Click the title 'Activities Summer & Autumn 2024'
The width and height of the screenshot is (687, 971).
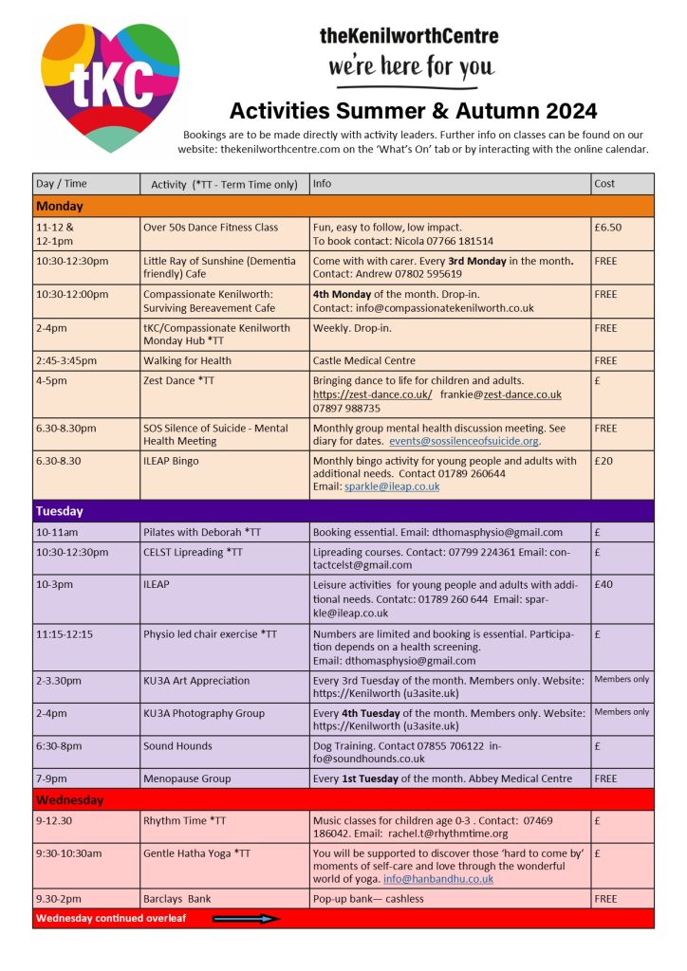pyautogui.click(x=413, y=109)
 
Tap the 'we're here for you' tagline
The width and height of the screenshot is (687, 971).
pyautogui.click(x=411, y=65)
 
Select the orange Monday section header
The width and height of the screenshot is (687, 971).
pyautogui.click(x=343, y=206)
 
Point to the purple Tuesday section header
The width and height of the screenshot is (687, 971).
pyautogui.click(x=343, y=511)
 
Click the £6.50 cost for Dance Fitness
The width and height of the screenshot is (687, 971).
pyautogui.click(x=608, y=228)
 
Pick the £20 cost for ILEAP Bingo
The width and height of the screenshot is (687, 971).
pyautogui.click(x=604, y=461)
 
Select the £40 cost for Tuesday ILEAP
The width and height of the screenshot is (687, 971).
pyautogui.click(x=603, y=584)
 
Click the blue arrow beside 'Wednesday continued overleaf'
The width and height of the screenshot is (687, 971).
pyautogui.click(x=246, y=918)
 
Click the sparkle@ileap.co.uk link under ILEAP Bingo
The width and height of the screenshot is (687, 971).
pyautogui.click(x=391, y=486)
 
